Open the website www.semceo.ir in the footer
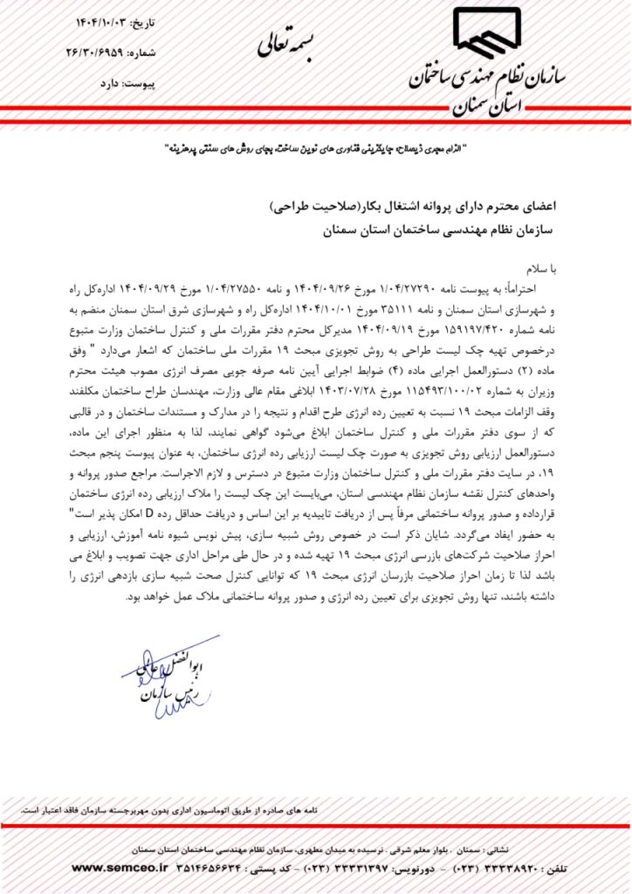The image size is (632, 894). (117, 869)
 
